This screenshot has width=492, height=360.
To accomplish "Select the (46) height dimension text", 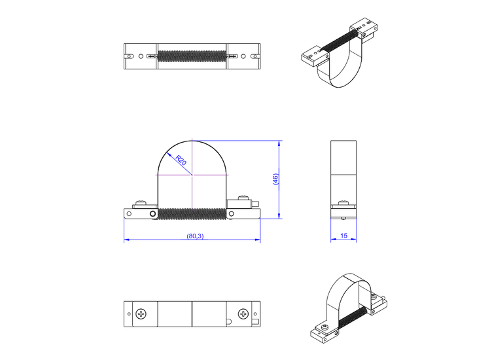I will point(275,179).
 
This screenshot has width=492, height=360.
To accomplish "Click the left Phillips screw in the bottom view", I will point(142,315).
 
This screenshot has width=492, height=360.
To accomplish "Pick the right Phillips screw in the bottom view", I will point(243,315).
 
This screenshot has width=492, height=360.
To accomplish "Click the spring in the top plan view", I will point(192,56).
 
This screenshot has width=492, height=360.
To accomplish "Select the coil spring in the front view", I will point(192,214).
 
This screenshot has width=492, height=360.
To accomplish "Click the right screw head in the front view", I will point(243,200).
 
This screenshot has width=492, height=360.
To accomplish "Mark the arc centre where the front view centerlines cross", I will point(192,175).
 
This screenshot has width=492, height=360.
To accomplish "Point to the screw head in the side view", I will point(342,204).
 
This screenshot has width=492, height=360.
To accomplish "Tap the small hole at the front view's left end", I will point(129,213).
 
